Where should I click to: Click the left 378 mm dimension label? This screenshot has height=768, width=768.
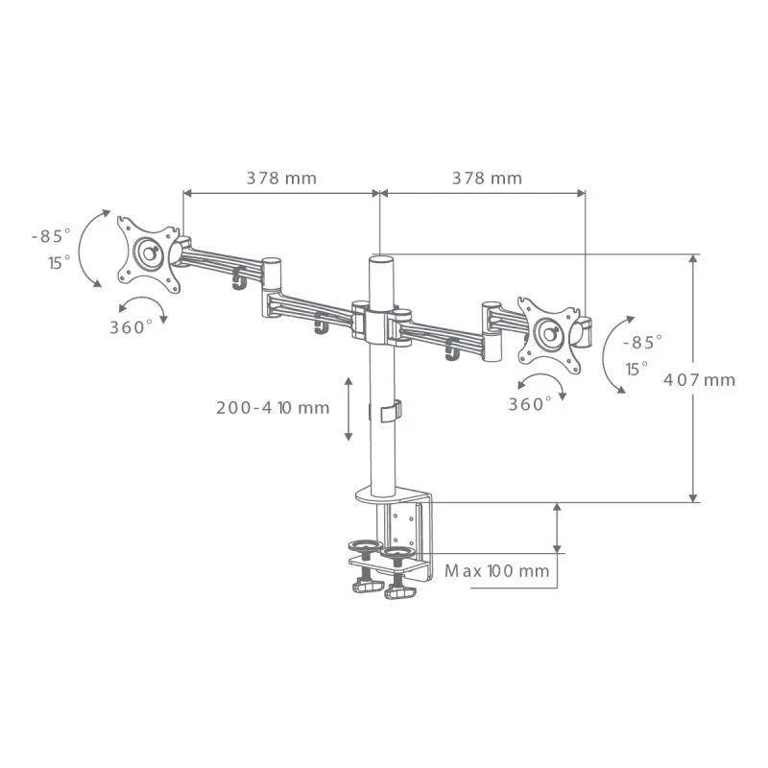[281, 179]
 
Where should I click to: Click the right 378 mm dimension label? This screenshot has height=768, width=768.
[487, 179]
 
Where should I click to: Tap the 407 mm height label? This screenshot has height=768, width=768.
[700, 380]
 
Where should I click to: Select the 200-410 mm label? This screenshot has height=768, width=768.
[273, 407]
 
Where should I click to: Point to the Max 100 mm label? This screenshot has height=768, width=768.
[496, 570]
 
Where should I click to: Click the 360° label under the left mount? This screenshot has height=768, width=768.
[131, 327]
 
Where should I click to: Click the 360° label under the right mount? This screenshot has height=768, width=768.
[530, 404]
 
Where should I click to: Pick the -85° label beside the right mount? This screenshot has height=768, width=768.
[642, 343]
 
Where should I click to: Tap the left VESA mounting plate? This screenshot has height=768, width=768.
[149, 254]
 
